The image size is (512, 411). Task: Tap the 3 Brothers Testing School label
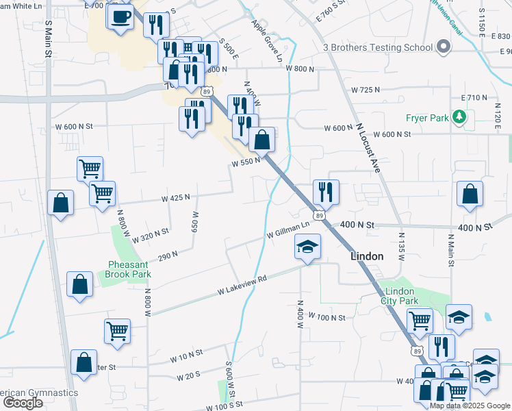[x=378, y=47]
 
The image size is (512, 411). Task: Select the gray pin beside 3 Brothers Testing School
[x=443, y=47]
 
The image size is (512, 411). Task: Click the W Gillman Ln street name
[x=288, y=235]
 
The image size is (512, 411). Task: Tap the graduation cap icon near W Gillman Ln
[x=307, y=247]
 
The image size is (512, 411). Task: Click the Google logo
[x=23, y=403]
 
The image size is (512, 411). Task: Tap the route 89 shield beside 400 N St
[x=319, y=216]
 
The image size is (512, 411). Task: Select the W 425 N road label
[x=175, y=198]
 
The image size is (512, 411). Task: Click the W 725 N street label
[x=365, y=90]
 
